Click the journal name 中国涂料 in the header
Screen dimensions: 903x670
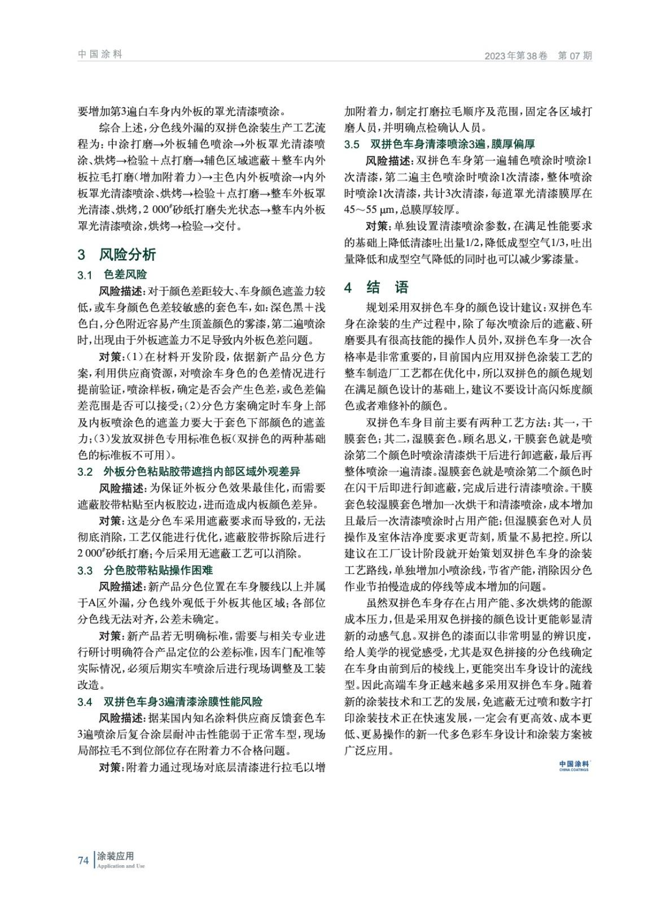[x=100, y=54]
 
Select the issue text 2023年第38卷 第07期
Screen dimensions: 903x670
[x=538, y=56]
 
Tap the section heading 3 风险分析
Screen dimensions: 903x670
[x=117, y=255]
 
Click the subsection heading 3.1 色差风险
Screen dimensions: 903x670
[x=112, y=275]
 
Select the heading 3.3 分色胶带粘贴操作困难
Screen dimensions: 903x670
[x=145, y=571]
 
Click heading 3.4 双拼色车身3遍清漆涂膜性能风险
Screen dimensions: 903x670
[x=170, y=702]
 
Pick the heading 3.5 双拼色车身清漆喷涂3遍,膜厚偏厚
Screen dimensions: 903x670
[x=440, y=144]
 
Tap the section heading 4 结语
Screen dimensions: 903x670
[x=376, y=288]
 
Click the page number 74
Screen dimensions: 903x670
[x=84, y=861]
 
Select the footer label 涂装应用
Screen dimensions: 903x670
[x=115, y=856]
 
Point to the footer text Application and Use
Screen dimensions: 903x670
[x=121, y=866]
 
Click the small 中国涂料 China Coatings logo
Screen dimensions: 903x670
[x=573, y=765]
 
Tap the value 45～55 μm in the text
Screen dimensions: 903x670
[x=370, y=210]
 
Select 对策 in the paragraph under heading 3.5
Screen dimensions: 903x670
[x=376, y=226]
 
